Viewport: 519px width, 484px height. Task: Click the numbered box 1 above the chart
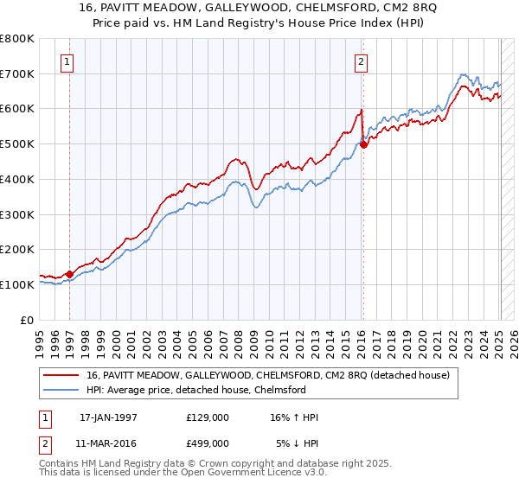[67, 61]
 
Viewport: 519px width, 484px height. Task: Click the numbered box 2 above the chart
[361, 61]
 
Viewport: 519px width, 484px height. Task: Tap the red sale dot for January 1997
[70, 274]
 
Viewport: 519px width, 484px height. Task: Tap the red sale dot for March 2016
[363, 144]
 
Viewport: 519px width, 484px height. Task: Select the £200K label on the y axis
[18, 249]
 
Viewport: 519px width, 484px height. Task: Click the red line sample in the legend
[61, 376]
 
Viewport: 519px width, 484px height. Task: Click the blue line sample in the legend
[61, 390]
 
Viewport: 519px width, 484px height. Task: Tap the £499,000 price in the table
[208, 443]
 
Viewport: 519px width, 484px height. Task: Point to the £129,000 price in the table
[208, 417]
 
